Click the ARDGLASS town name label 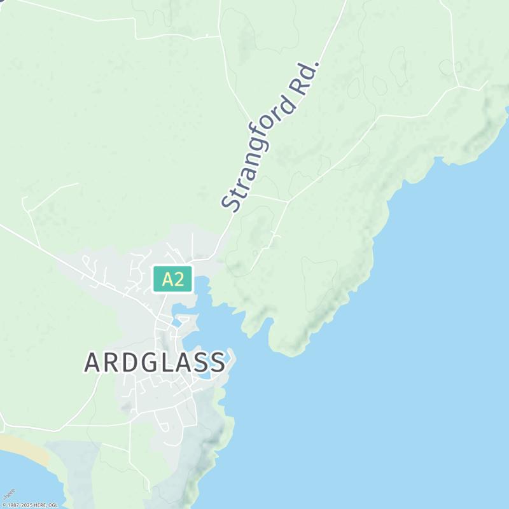click(x=155, y=363)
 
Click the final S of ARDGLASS click(x=217, y=363)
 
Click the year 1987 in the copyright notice click(x=13, y=505)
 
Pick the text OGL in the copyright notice click(x=53, y=505)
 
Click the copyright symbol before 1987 click(x=4, y=505)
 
